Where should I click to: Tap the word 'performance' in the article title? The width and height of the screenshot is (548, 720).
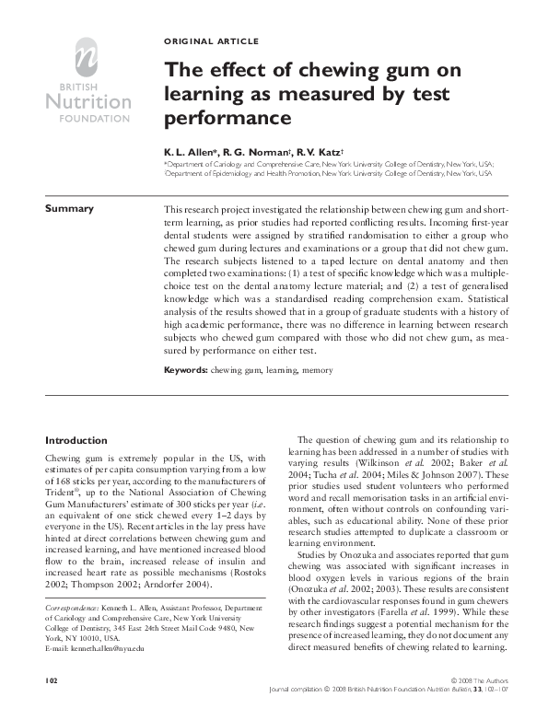click(220, 119)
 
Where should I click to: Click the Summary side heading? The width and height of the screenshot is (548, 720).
click(70, 208)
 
